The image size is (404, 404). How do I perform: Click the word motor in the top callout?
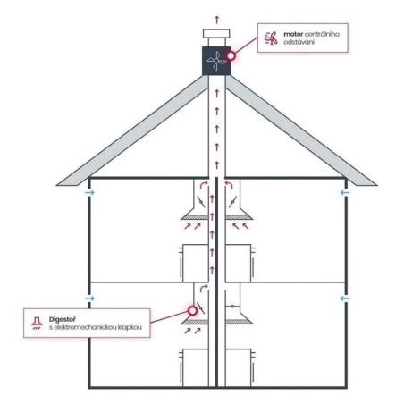coord(293,34)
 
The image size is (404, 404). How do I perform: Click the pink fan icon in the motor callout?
coord(271,38)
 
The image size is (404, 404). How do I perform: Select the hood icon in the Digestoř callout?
coord(37,323)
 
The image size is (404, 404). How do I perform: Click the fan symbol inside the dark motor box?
coord(216,61)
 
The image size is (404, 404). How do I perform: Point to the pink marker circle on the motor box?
coord(231,55)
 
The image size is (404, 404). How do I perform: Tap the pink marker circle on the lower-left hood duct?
coord(192,311)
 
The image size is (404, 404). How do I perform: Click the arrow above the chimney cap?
coord(217,20)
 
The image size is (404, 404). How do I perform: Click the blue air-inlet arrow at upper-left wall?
coord(89,193)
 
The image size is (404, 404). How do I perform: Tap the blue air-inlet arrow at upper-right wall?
coord(345,193)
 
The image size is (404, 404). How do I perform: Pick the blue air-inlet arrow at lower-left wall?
coord(89,299)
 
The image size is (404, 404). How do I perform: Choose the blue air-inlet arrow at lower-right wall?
coord(345,299)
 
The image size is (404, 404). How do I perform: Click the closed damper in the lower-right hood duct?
coord(232,306)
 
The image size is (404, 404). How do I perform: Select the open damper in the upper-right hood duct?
coord(232,202)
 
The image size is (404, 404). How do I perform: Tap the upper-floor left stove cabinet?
coord(195,264)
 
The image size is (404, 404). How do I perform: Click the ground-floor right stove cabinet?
coord(239,368)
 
